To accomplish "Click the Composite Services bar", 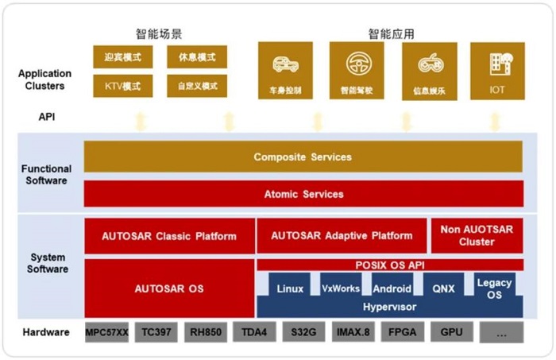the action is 303,157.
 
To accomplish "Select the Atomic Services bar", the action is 303,194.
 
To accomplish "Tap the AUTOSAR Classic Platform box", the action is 169,236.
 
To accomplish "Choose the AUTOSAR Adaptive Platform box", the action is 342,236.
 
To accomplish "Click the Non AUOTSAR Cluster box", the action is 477,235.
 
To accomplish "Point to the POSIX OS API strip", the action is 390,265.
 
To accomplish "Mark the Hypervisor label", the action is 389,307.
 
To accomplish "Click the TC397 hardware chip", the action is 156,332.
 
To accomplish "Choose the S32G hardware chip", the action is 303,332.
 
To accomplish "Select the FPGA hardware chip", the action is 402,332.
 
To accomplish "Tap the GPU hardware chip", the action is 451,332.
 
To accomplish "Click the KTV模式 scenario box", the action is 122,86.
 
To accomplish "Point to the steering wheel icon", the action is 358,64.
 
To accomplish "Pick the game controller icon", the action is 431,64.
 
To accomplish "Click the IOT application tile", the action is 497,71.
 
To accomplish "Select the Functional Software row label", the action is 46,175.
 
